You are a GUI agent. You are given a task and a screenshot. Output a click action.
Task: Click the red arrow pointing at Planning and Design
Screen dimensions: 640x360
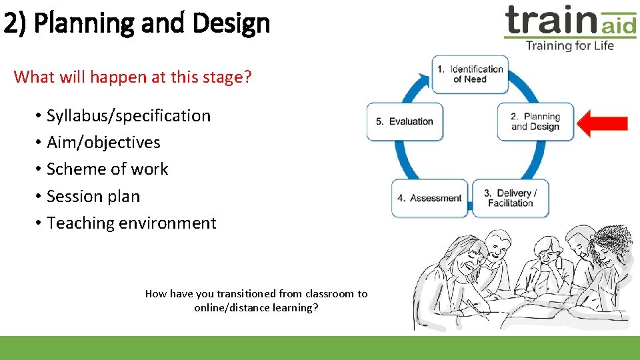pyautogui.click(x=602, y=123)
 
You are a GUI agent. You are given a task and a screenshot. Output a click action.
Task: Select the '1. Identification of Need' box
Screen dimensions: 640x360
pyautogui.click(x=470, y=74)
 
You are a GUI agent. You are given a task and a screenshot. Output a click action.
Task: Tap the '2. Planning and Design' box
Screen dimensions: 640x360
pyautogui.click(x=535, y=121)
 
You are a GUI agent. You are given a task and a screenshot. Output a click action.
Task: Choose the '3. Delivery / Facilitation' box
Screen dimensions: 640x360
pyautogui.click(x=511, y=198)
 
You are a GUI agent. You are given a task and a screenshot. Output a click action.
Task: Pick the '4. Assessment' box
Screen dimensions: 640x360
pyautogui.click(x=429, y=198)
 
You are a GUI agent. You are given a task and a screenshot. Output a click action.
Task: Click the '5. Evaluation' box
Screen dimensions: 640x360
pyautogui.click(x=405, y=121)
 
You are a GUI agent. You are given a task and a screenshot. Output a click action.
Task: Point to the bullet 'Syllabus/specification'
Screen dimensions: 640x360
pyautogui.click(x=128, y=116)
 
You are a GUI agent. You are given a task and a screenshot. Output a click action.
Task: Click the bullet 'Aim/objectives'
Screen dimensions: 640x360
pyautogui.click(x=103, y=143)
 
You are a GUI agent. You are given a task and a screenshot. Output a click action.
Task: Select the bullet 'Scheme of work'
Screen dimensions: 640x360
pyautogui.click(x=107, y=169)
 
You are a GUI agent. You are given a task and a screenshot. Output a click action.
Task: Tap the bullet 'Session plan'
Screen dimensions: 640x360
pyautogui.click(x=93, y=197)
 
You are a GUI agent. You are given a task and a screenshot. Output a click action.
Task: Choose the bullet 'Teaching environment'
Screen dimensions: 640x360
pyautogui.click(x=131, y=223)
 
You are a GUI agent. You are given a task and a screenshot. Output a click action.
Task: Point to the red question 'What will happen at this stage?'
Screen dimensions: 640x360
pyautogui.click(x=133, y=77)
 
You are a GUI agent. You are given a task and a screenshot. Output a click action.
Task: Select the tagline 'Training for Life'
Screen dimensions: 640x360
pyautogui.click(x=569, y=46)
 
